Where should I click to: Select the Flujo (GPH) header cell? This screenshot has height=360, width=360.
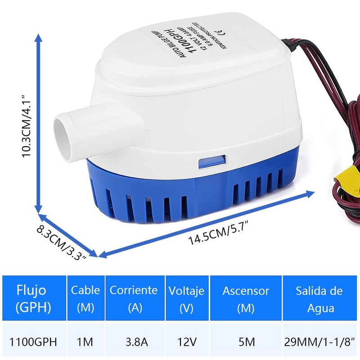(x=32, y=299)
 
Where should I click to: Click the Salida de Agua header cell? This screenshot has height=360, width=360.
(x=319, y=299)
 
